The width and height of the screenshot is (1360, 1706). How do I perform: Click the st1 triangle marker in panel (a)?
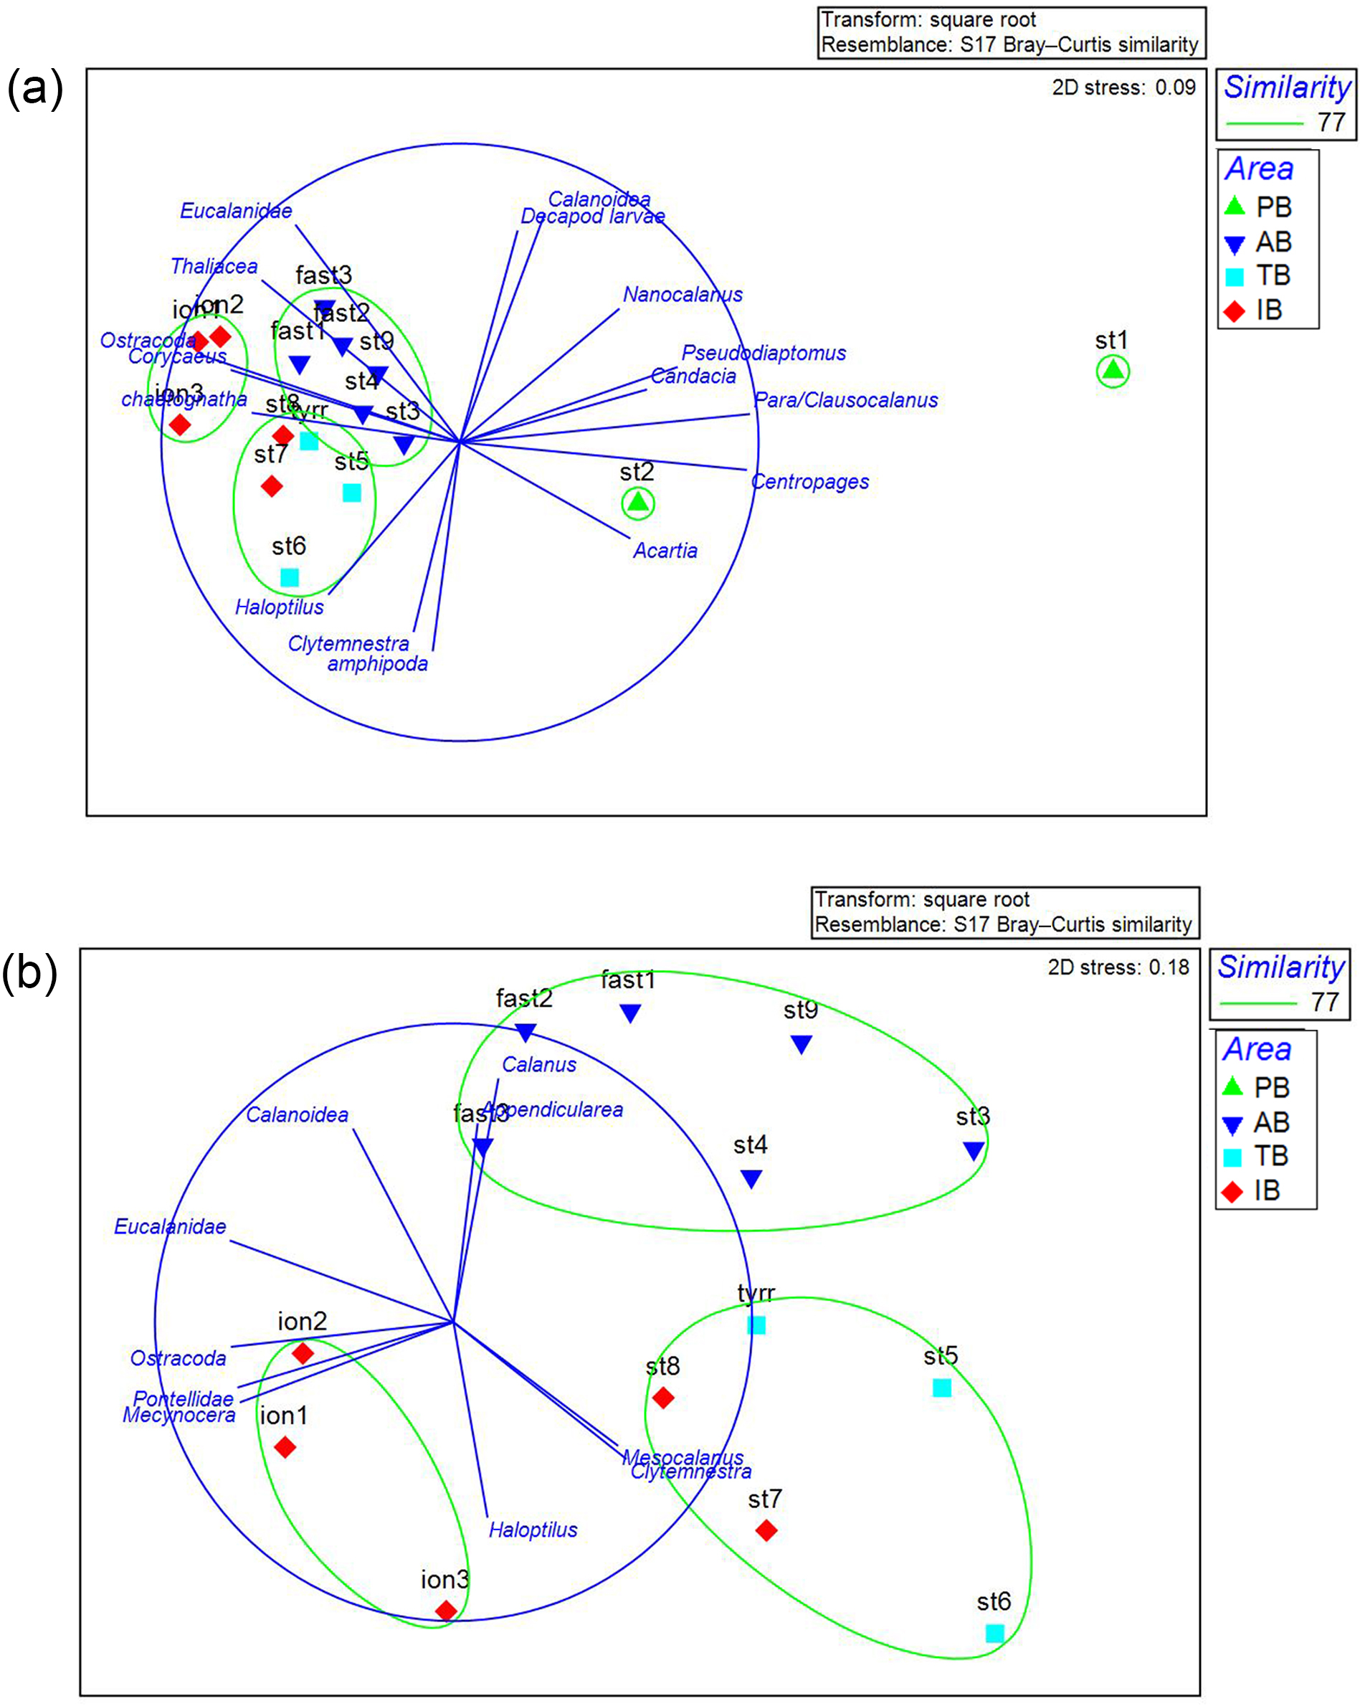[1113, 370]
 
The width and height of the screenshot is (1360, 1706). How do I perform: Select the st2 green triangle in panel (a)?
[637, 503]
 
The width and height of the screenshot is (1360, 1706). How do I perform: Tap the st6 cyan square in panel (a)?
[290, 577]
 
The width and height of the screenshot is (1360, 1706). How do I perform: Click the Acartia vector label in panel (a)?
[665, 551]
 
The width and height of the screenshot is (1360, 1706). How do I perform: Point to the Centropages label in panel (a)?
[809, 481]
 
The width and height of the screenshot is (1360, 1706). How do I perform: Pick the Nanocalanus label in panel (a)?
[683, 294]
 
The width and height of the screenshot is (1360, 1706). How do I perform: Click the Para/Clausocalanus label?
[846, 399]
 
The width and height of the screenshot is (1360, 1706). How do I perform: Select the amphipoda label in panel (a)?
[377, 663]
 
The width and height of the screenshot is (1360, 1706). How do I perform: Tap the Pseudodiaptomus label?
[764, 353]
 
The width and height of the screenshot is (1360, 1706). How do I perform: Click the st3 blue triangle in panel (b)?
[973, 1150]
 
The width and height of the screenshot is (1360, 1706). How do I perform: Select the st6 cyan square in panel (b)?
[994, 1632]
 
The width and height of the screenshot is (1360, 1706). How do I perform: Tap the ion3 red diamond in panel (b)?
[446, 1610]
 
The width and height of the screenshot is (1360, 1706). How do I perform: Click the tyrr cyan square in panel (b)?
[756, 1324]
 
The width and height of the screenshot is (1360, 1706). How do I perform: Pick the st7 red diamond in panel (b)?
[766, 1530]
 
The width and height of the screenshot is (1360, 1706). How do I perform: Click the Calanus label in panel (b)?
[539, 1064]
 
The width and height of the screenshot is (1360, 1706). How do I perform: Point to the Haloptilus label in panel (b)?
[533, 1530]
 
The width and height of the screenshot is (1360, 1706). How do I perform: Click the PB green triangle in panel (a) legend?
[1235, 207]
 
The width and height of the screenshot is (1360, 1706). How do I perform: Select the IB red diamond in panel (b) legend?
[1232, 1191]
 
